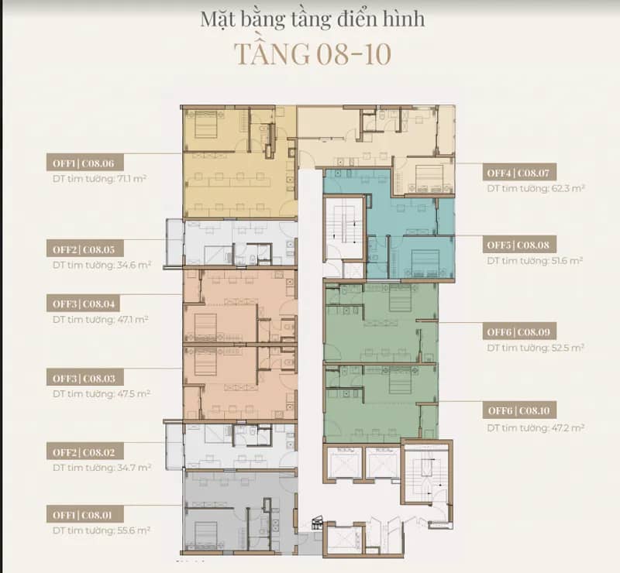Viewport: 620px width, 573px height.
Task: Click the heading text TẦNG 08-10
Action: coord(313,53)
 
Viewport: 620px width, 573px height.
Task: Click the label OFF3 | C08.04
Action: coord(83,304)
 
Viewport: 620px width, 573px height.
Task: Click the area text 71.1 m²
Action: coord(132,178)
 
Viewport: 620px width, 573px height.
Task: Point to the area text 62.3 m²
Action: coord(568,188)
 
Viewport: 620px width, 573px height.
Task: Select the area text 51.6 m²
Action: coord(567,260)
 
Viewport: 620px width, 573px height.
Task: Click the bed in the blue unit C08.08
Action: coord(424,262)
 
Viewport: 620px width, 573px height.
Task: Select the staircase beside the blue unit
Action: coord(344,227)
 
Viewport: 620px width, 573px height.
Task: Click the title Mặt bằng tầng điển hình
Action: coord(312,19)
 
